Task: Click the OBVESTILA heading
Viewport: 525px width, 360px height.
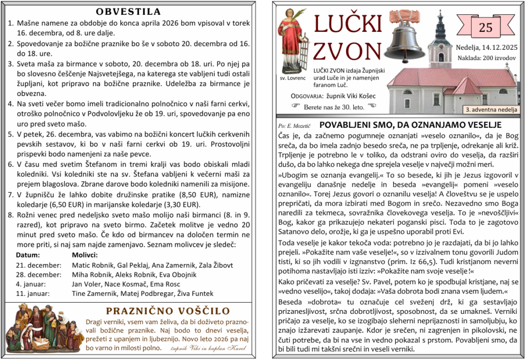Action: point(128,11)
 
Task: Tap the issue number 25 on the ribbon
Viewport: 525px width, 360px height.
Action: point(485,28)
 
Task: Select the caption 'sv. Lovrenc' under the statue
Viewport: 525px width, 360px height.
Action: point(292,78)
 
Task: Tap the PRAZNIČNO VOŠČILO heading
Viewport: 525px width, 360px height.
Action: point(168,311)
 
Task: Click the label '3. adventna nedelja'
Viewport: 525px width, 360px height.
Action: point(491,109)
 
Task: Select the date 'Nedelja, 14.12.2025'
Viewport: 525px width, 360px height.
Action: point(486,48)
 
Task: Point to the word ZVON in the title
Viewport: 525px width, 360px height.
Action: point(347,50)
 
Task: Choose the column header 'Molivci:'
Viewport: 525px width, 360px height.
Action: point(85,255)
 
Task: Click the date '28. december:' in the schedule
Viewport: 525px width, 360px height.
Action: point(38,274)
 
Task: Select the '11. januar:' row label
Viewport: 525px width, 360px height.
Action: point(33,294)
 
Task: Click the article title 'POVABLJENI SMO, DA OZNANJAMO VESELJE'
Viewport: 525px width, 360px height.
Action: point(410,125)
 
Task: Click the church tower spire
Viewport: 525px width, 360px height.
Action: point(439,21)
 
